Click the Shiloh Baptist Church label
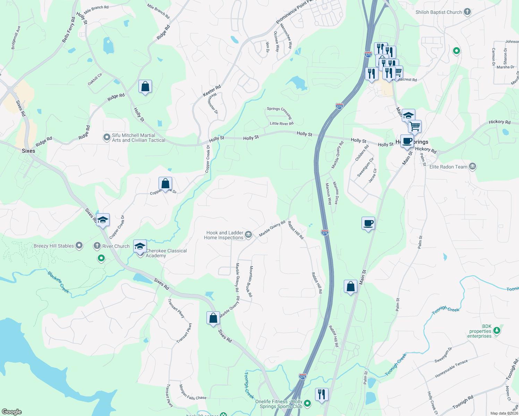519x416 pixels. (439, 12)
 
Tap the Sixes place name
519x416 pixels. (28, 151)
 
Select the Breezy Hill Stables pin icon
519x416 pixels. (79, 246)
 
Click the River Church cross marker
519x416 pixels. (97, 246)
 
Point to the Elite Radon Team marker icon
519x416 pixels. (472, 166)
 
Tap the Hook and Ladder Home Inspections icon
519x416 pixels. (248, 235)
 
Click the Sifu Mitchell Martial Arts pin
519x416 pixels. (107, 138)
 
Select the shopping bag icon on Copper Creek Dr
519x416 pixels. (165, 183)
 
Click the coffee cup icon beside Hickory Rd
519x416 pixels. (407, 141)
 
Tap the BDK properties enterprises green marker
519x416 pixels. (497, 331)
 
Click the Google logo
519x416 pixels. (12, 412)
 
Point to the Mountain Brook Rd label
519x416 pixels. (251, 281)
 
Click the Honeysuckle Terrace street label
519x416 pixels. (451, 369)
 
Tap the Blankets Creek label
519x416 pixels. (58, 282)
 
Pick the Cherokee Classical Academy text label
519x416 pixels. (166, 253)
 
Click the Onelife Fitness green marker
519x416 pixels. (307, 404)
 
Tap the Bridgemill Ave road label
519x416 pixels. (16, 37)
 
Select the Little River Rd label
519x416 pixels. (281, 123)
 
